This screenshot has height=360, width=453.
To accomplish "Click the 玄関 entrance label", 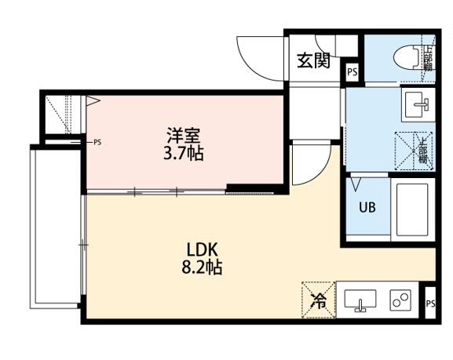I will [x=313, y=60].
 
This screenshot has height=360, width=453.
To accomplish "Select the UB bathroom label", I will [x=367, y=208].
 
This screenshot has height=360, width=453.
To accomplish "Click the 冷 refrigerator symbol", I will [x=318, y=299].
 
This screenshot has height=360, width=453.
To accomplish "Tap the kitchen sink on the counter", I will [x=360, y=300].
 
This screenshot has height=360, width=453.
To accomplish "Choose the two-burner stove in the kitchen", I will [x=401, y=300].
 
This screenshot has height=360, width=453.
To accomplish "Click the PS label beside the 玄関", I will [x=353, y=72].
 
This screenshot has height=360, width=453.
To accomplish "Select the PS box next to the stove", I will [x=430, y=304].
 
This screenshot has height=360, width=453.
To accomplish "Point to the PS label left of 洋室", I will [x=97, y=143].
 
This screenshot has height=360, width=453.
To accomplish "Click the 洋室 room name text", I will [x=184, y=134].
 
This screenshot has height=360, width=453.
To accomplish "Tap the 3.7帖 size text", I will [x=184, y=154].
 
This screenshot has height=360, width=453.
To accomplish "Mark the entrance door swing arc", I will [x=257, y=55].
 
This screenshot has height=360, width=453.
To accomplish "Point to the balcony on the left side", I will [x=55, y=227].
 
